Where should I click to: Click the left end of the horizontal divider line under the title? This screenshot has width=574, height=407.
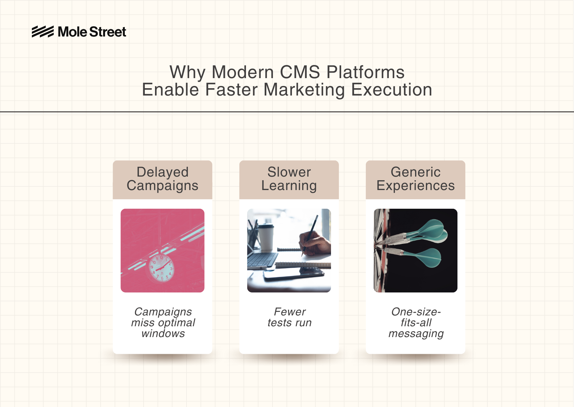(0, 112)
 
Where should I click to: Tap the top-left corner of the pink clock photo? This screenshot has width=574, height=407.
(121, 209)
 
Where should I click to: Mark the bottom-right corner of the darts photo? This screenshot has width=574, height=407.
(457, 292)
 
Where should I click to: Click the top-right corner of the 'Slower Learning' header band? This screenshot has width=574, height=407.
(339, 161)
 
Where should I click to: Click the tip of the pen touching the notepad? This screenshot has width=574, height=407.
(303, 256)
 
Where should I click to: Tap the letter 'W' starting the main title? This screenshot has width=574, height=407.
(179, 72)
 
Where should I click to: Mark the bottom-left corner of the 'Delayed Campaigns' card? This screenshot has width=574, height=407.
(113, 353)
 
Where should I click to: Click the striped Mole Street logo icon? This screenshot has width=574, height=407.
(43, 32)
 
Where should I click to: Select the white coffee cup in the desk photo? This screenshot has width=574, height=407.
(266, 237)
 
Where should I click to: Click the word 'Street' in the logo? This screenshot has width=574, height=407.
(108, 32)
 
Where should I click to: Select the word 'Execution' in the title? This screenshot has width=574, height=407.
(391, 90)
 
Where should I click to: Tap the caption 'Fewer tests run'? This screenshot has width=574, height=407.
(289, 317)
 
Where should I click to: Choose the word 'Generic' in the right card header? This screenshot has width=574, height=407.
(415, 172)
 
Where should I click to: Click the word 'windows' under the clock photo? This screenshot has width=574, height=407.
(163, 333)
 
